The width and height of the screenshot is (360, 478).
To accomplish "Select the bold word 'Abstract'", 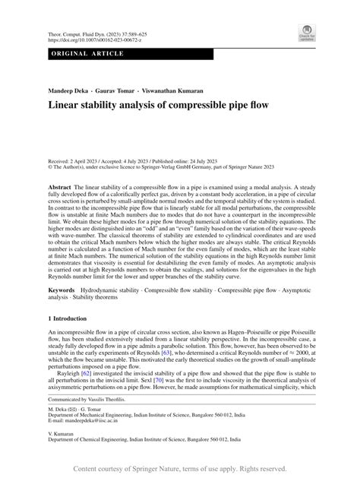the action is click(x=61, y=186).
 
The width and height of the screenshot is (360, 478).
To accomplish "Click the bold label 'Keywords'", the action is click(x=62, y=292).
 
